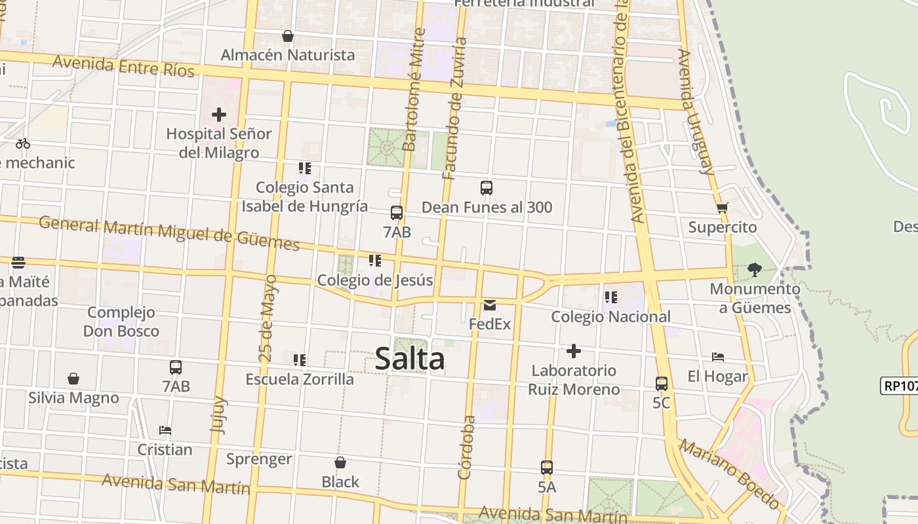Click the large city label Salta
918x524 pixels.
410,359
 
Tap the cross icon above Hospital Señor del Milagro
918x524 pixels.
219,115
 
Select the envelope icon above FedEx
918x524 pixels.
490,305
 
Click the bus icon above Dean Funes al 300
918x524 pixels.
487,188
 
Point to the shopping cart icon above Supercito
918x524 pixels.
722,208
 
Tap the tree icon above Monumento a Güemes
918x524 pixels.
755,269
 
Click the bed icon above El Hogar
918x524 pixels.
718,357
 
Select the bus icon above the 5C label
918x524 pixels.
662,384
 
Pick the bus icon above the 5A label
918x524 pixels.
547,468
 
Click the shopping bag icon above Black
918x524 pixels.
340,462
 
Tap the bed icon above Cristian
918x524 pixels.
165,430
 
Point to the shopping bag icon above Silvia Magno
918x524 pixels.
73,379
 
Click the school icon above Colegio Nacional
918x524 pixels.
611,297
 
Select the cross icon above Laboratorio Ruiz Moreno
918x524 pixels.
574,351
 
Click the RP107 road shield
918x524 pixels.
900,386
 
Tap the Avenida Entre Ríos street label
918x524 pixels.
123,65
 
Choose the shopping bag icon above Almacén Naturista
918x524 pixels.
287,36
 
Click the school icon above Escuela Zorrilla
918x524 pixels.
300,360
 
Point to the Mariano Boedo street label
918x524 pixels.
729,474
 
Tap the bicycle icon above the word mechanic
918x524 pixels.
23,143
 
